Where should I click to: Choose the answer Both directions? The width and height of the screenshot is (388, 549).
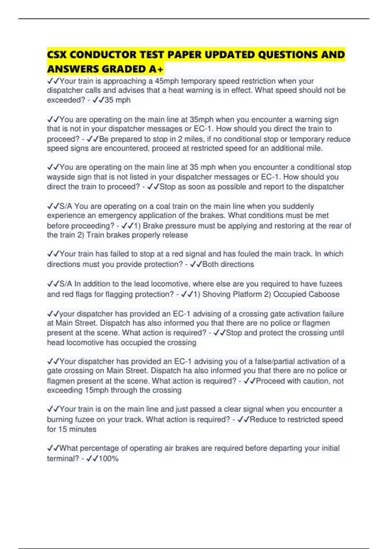click(x=228, y=264)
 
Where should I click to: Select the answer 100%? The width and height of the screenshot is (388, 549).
click(x=109, y=459)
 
